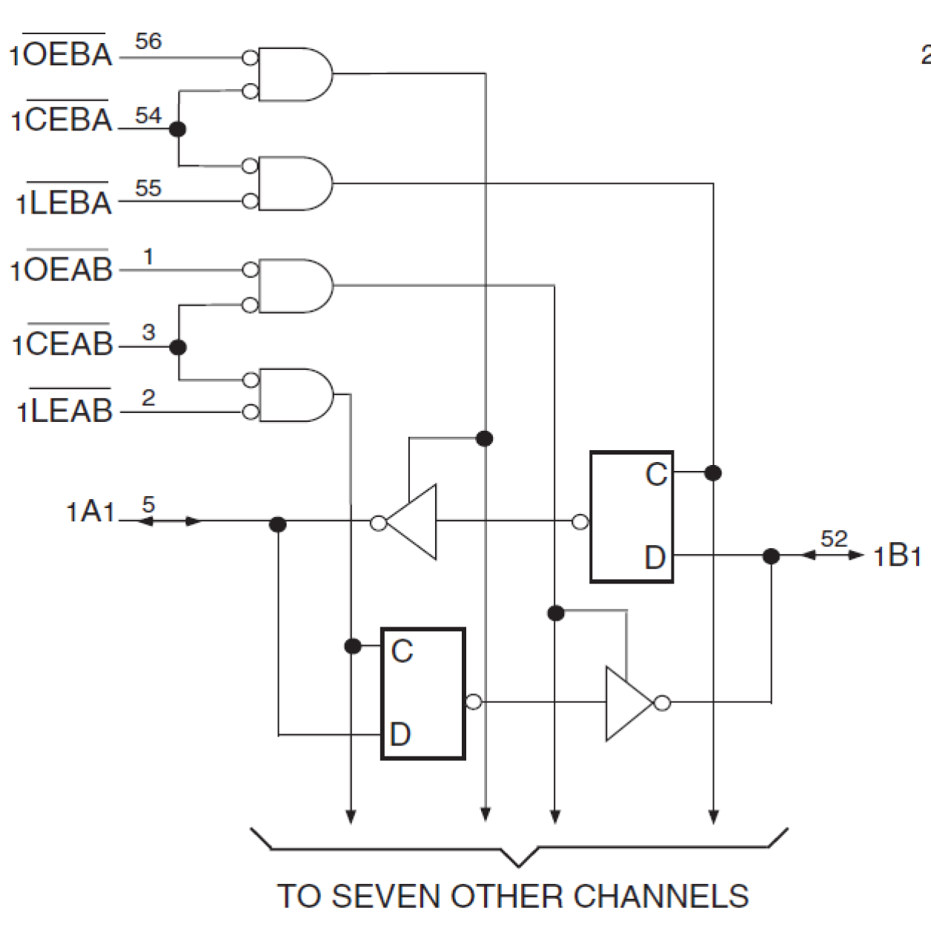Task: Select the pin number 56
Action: (x=148, y=42)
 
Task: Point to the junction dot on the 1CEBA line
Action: (x=177, y=129)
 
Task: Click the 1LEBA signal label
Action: (x=64, y=202)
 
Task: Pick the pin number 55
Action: (x=148, y=188)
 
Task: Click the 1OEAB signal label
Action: (x=62, y=269)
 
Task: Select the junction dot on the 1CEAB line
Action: (x=177, y=346)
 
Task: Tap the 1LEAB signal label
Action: (x=64, y=409)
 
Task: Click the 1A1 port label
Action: (x=90, y=512)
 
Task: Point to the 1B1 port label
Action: (x=897, y=555)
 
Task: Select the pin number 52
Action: (x=834, y=538)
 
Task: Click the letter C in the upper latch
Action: (x=656, y=475)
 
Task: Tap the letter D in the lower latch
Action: (x=400, y=734)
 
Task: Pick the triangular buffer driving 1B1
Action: (x=629, y=703)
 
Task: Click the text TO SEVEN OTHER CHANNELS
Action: (x=513, y=896)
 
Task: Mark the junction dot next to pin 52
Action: (x=771, y=555)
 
